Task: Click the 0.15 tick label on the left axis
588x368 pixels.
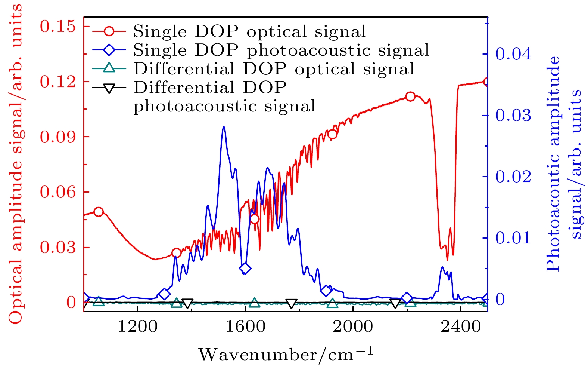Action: (57, 27)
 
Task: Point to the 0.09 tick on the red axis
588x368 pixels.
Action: (57, 137)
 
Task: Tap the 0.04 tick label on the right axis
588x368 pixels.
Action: (513, 54)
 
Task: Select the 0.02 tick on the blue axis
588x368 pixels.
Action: (513, 177)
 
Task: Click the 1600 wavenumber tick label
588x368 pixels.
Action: (245, 327)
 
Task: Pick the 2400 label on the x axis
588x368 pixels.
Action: (461, 327)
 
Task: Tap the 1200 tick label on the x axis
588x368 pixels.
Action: (138, 327)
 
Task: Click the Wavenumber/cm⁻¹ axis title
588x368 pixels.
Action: (286, 354)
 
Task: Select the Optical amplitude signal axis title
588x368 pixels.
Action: (16, 165)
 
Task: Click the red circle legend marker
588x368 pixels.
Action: (109, 31)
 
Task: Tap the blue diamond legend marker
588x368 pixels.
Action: (109, 50)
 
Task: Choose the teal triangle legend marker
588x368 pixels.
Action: (109, 68)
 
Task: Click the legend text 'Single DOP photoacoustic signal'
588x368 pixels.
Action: (281, 50)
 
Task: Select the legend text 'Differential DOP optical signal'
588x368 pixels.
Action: (274, 69)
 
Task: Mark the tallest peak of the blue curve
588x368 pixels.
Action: (224, 127)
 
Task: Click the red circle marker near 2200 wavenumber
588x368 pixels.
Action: (410, 96)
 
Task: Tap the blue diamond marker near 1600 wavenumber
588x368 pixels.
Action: (245, 268)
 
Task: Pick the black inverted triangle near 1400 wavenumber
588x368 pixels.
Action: (188, 303)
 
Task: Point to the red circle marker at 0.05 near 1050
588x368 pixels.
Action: (98, 212)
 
